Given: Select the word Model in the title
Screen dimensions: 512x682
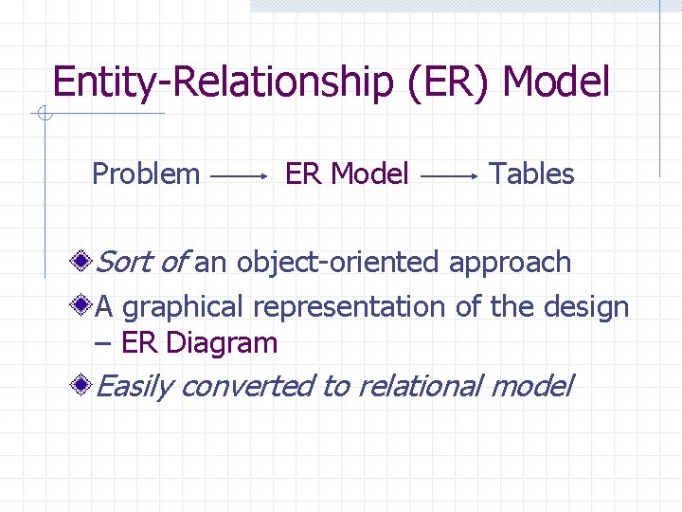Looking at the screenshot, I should click(556, 83).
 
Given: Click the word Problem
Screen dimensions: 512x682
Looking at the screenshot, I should click(146, 174).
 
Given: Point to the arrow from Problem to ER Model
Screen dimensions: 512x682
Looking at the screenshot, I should click(238, 176).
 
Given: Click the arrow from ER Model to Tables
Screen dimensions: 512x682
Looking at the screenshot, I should click(448, 176).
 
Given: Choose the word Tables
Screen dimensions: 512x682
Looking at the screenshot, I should click(531, 174).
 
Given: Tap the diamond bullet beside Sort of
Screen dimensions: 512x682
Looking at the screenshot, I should click(84, 260).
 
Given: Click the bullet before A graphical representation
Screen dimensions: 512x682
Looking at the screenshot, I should click(84, 305).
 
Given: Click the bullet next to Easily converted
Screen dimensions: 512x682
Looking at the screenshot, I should click(84, 384).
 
